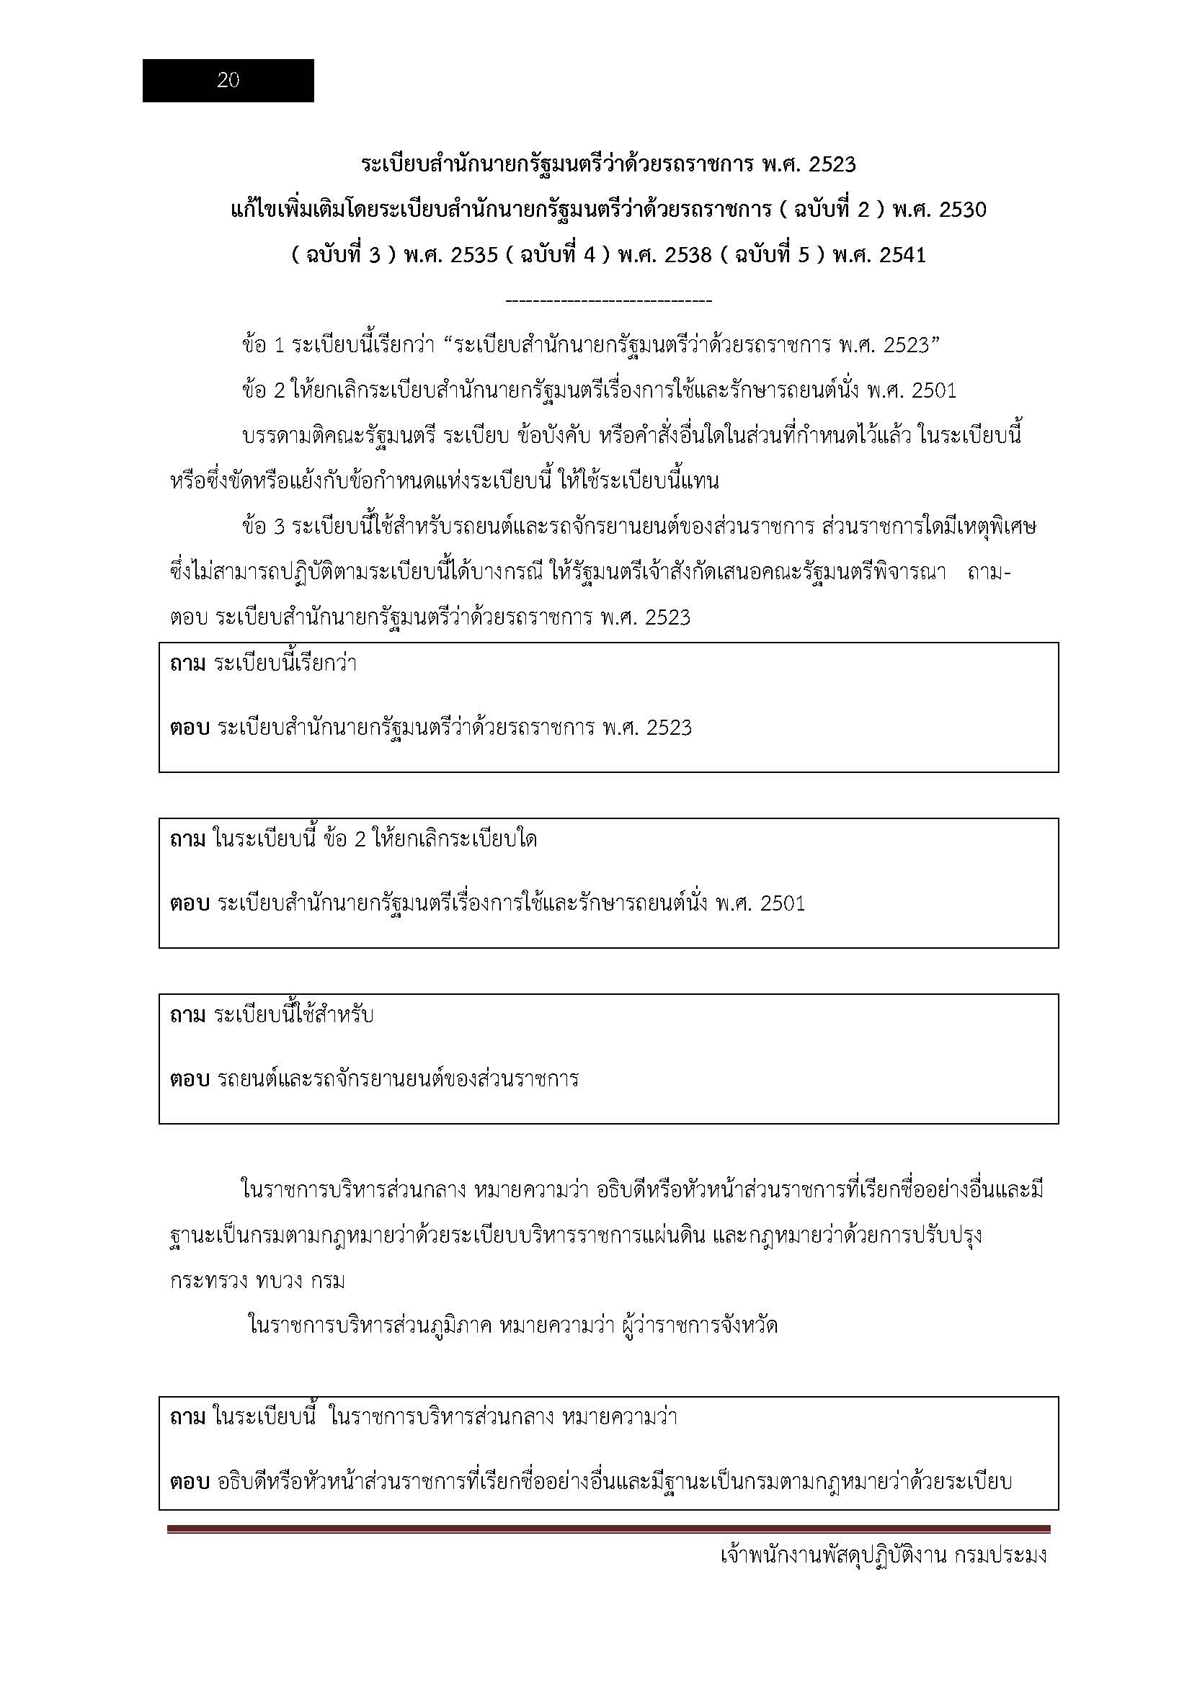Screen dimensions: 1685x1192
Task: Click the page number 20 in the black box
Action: click(x=228, y=81)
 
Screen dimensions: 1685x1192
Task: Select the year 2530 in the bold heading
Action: click(x=962, y=210)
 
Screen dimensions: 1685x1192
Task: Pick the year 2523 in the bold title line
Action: click(x=832, y=164)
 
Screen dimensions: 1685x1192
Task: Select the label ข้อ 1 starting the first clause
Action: click(x=264, y=345)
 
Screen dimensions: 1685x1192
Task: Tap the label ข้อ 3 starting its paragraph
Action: click(x=264, y=527)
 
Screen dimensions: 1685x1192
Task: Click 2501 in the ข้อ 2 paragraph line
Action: click(x=933, y=390)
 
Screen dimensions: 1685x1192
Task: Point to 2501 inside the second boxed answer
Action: click(x=783, y=903)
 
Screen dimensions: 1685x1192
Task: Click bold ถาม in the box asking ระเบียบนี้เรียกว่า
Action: click(x=188, y=663)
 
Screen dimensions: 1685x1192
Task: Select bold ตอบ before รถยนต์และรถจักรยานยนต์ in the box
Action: click(x=190, y=1080)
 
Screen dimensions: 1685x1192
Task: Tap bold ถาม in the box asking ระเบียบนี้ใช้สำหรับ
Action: click(x=188, y=1015)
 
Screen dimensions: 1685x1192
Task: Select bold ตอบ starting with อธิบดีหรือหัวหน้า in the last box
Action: click(x=190, y=1482)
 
